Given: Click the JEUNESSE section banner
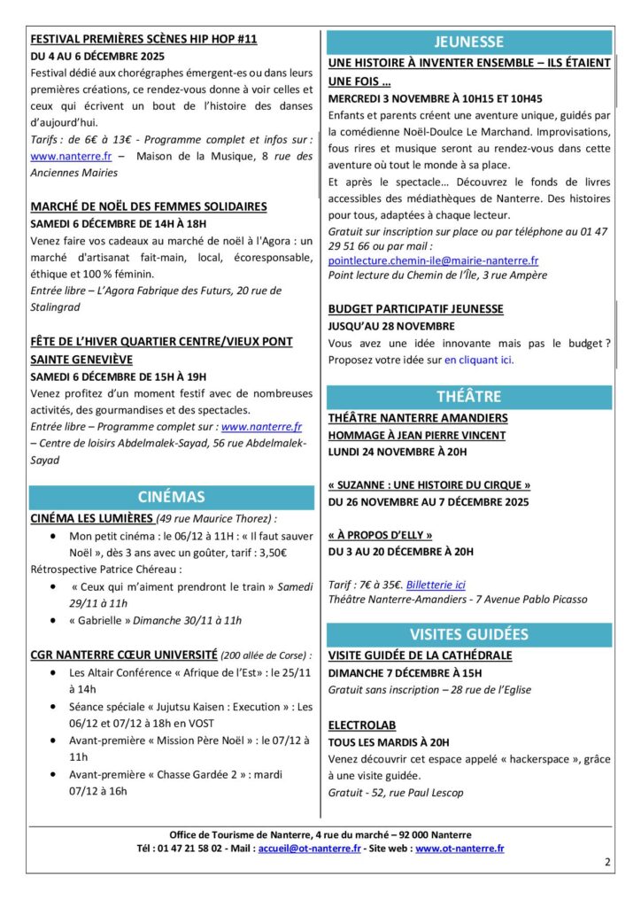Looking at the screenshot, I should [469, 42].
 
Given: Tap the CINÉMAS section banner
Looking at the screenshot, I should [171, 497].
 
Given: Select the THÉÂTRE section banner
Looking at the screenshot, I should [469, 396].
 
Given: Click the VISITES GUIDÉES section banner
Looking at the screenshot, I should [469, 634].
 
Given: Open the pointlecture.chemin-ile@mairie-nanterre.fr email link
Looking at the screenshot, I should [433, 261].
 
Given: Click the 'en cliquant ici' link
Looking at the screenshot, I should [479, 360].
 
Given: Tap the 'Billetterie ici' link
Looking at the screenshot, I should [436, 585].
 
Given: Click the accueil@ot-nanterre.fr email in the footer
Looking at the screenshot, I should [308, 849].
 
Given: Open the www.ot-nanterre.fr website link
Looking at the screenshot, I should [460, 849].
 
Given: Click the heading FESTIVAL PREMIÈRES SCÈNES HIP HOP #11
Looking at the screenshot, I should [143, 40].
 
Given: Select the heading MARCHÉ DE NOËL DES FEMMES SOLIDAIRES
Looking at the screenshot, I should [149, 206].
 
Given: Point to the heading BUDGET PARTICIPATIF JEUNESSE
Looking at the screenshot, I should [415, 308].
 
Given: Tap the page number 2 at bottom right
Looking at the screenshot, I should [607, 862].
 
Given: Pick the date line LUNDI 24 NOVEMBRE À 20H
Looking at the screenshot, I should [397, 452].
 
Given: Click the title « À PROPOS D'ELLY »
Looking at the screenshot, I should [380, 535].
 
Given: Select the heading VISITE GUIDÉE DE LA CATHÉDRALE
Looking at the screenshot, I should [420, 655].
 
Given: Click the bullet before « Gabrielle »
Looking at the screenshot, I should [56, 621].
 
